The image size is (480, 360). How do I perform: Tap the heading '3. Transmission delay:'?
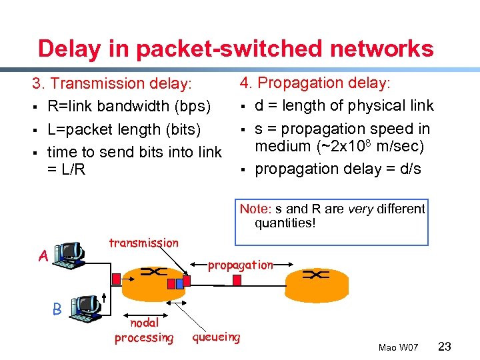click(x=112, y=84)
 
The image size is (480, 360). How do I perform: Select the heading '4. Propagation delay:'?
click(x=315, y=83)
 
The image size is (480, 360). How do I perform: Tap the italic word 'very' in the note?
click(x=361, y=209)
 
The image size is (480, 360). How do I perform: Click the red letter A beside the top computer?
click(x=43, y=256)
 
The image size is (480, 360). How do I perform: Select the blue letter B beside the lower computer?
click(x=57, y=309)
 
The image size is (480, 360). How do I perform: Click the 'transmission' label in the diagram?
click(x=143, y=243)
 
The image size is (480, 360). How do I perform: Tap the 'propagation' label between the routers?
click(x=240, y=265)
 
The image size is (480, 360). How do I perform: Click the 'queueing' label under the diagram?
click(x=216, y=337)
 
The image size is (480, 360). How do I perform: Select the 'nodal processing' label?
click(x=143, y=330)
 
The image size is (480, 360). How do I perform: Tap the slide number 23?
click(x=445, y=346)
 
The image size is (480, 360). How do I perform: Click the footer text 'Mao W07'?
click(x=398, y=347)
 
